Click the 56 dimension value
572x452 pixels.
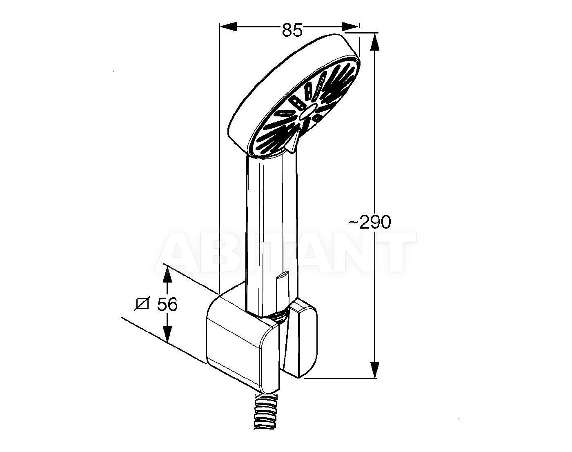(167, 305)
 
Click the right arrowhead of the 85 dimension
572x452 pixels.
(350, 26)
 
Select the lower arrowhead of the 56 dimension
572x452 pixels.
(167, 333)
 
